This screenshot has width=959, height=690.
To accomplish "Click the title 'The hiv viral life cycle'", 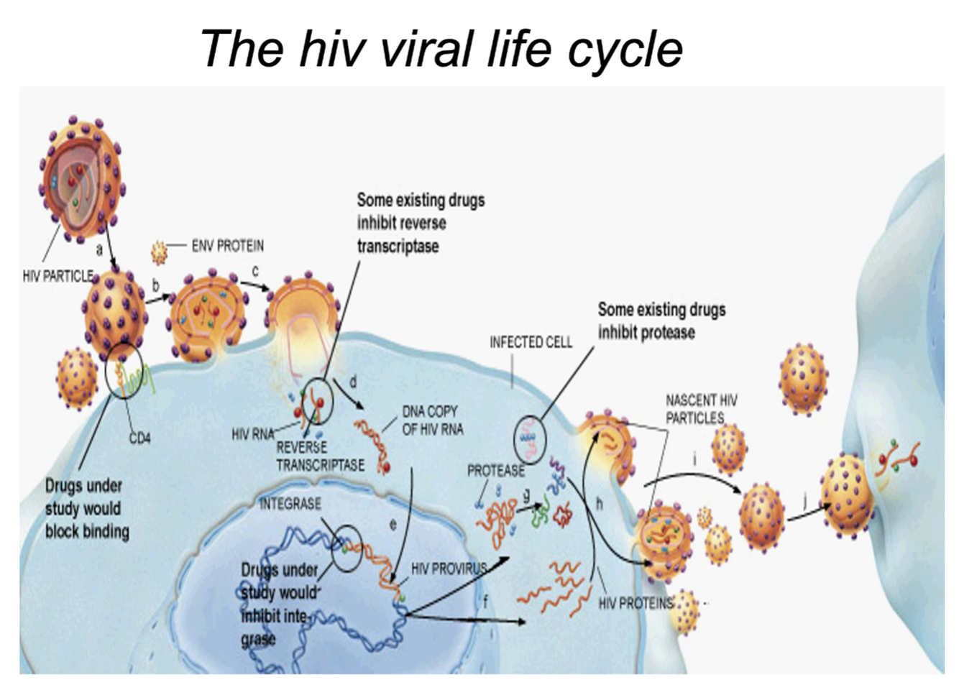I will click(x=441, y=49).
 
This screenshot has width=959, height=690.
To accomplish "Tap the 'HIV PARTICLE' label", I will click(x=58, y=276).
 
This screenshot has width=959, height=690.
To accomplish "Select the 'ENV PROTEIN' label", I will click(x=227, y=246).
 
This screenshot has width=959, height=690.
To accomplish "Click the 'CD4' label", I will click(x=139, y=438).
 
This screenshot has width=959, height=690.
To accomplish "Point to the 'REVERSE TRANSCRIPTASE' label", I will click(x=320, y=456).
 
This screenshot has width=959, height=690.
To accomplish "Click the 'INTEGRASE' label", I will click(x=290, y=503).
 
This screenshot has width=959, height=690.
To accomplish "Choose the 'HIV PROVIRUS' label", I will click(x=449, y=569).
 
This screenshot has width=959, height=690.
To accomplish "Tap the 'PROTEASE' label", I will click(x=496, y=471).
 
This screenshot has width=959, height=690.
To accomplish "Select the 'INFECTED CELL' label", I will click(x=531, y=342).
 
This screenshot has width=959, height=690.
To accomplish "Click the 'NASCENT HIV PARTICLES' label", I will click(x=701, y=409).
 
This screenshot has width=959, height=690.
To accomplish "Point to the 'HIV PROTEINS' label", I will click(x=635, y=603).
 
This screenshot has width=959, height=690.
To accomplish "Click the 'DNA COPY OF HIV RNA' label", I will click(x=433, y=420).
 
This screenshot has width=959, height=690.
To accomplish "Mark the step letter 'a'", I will click(x=100, y=249).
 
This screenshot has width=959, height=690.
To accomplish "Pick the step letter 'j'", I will click(x=804, y=499).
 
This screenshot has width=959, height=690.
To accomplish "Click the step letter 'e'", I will click(x=393, y=525).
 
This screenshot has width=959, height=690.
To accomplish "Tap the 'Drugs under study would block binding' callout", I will click(x=87, y=508).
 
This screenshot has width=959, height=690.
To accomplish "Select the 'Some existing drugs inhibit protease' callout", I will click(x=661, y=321).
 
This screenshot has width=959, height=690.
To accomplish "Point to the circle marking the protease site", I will click(x=531, y=439).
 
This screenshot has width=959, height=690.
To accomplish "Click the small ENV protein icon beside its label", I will click(x=159, y=252).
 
